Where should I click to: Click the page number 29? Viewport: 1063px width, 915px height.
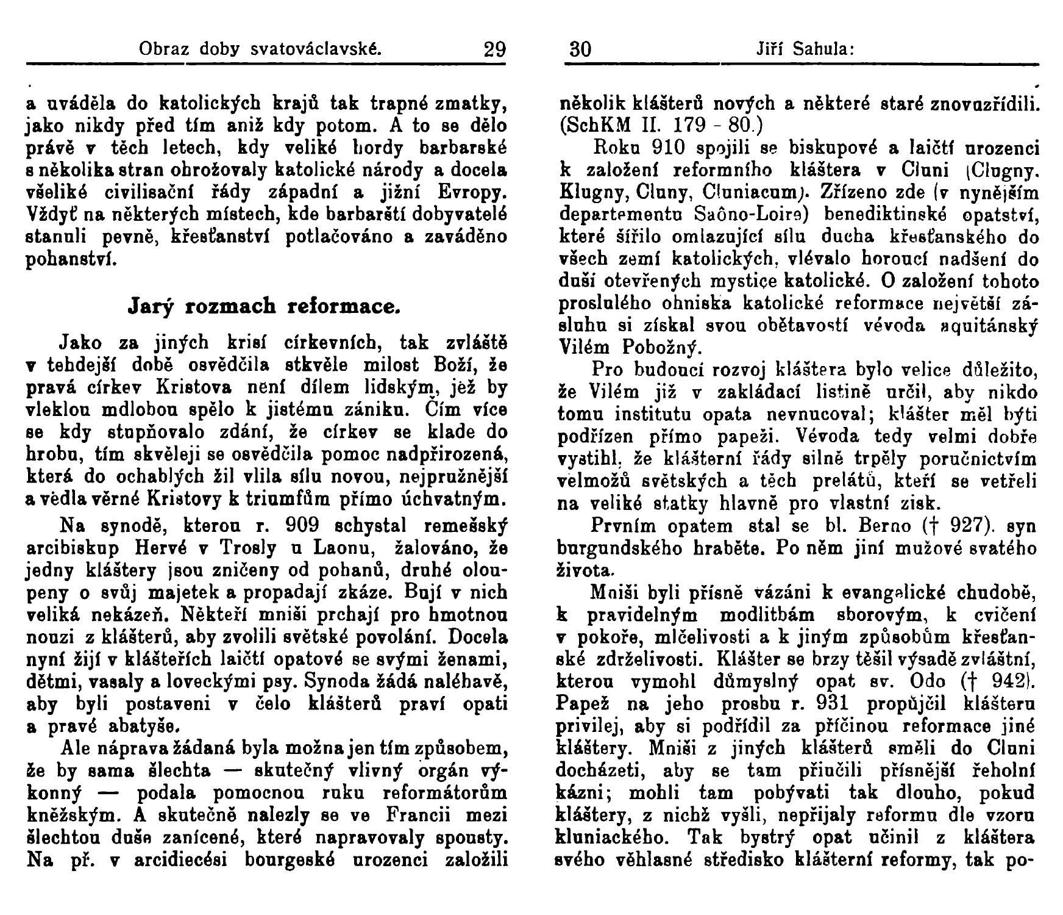pos(494,48)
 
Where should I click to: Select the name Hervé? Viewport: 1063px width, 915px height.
pos(168,548)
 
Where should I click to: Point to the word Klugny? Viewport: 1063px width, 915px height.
pos(588,193)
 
